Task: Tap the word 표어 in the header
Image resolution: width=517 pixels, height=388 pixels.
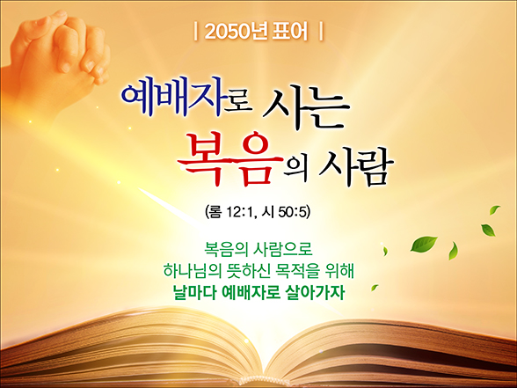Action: pos(290,32)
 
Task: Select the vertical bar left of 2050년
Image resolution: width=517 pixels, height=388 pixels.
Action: pos(196,32)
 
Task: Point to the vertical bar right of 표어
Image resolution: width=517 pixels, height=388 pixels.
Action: pos(321,32)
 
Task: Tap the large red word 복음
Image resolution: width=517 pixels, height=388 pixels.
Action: pos(230,157)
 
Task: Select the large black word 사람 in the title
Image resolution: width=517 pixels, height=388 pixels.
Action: pos(356,167)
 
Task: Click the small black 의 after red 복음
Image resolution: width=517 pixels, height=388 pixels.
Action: pos(296,169)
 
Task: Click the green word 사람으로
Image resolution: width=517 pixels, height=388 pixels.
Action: pos(282,250)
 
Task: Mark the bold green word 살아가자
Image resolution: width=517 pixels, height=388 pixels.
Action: pos(312,292)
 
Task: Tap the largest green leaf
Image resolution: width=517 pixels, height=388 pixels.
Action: pos(424,244)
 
